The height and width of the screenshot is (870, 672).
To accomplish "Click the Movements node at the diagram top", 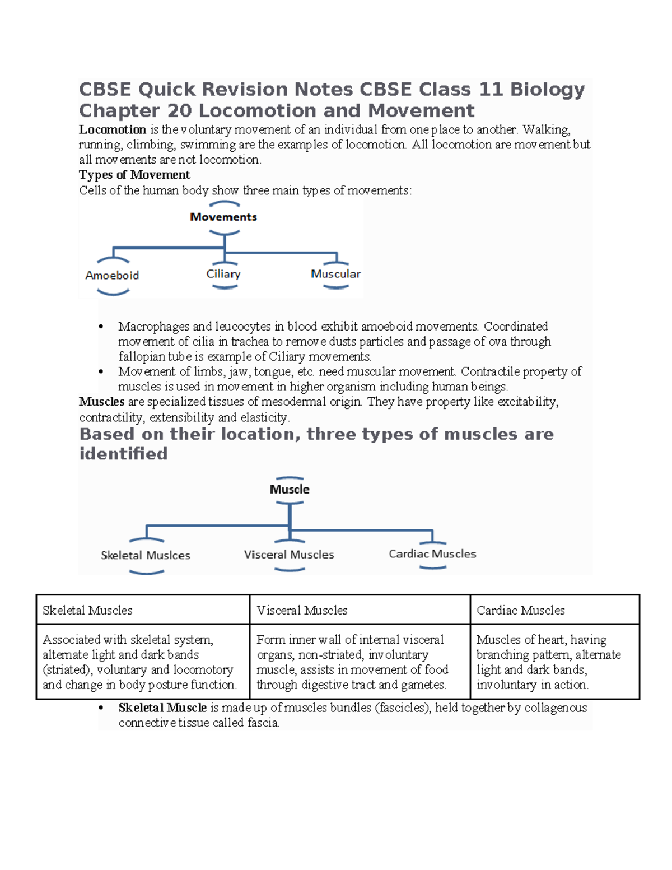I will [x=223, y=217].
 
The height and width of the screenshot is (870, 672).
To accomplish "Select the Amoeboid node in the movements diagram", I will [x=112, y=276].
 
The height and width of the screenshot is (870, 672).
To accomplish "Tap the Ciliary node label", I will [x=223, y=274].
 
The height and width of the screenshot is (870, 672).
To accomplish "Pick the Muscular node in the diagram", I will [x=335, y=274].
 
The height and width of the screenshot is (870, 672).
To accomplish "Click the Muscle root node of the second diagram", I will [x=290, y=490].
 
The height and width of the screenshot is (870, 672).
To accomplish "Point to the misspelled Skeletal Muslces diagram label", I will [x=146, y=555].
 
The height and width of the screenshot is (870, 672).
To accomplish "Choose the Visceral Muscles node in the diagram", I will [x=289, y=555].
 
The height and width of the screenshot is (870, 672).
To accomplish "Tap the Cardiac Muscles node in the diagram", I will [x=432, y=554].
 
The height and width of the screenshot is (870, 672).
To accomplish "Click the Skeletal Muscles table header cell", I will [x=143, y=610].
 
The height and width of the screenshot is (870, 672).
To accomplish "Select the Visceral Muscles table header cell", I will [x=360, y=610].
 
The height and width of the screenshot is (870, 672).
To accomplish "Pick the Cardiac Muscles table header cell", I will [x=554, y=610].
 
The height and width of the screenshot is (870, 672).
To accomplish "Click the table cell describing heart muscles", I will [x=554, y=662].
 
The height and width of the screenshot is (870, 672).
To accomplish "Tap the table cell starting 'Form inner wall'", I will [x=360, y=662].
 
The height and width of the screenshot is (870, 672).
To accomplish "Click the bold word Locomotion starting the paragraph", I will [x=113, y=130].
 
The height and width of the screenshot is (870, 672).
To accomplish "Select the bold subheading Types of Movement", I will [x=134, y=175].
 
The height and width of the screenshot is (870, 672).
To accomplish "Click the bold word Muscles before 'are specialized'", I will [x=101, y=402].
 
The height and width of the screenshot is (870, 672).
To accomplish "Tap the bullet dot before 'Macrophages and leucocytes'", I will [x=101, y=327].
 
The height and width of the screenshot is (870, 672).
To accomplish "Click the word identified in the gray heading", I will [x=123, y=454].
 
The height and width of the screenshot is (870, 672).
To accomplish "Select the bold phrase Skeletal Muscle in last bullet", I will [x=162, y=708].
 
